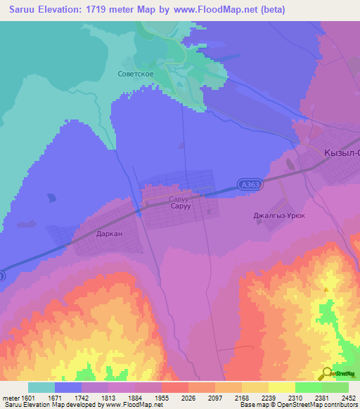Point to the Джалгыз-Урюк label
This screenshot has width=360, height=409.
point(279,216)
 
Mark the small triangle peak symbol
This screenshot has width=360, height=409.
point(326,289)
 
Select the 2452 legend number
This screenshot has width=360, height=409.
point(349,397)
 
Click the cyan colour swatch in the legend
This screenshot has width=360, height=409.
point(41,387)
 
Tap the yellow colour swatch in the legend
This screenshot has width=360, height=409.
point(281,387)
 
